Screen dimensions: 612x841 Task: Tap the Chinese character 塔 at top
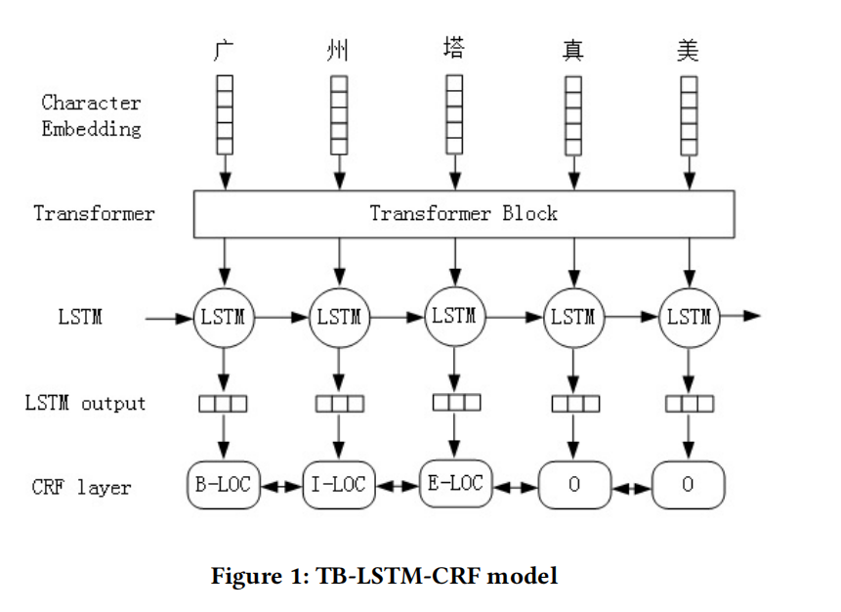click(x=454, y=47)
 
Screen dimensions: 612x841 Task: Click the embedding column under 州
click(x=339, y=114)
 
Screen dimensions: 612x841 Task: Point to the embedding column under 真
click(x=573, y=114)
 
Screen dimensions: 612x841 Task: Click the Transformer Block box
click(x=463, y=213)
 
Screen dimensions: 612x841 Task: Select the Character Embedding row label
click(x=91, y=115)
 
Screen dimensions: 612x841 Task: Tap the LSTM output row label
click(x=85, y=403)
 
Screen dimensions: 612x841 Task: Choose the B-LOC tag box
click(x=224, y=484)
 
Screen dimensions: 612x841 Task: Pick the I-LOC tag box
click(x=339, y=485)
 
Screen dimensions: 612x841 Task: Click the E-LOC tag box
click(x=454, y=483)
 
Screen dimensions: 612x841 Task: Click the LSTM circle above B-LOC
click(x=224, y=317)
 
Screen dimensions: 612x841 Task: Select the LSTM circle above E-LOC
click(x=454, y=316)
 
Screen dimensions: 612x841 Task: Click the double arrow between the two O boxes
click(x=631, y=486)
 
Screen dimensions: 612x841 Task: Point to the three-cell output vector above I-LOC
click(x=339, y=403)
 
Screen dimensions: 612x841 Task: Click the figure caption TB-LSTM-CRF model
click(x=384, y=577)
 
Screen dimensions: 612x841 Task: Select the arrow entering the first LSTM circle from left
click(x=168, y=317)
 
